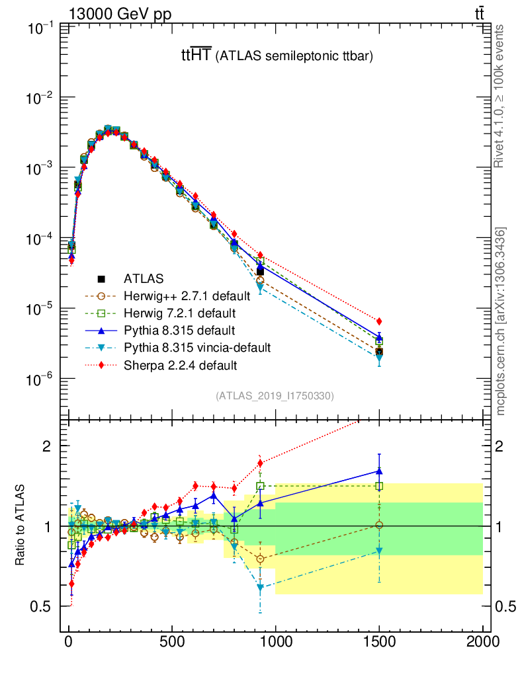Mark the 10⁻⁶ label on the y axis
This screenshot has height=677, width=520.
coord(41,379)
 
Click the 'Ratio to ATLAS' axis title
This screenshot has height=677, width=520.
coord(21,526)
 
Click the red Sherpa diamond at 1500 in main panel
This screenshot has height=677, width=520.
coord(379,321)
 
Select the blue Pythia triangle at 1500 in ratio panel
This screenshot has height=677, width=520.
coord(379,471)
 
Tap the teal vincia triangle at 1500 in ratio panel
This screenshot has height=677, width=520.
coord(379,551)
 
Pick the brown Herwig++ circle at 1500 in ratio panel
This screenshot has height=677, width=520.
coord(379,525)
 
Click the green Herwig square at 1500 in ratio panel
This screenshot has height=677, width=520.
coord(379,486)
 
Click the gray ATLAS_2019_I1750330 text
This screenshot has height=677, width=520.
coord(275,396)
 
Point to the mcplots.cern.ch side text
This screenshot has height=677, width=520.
coord(501,321)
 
